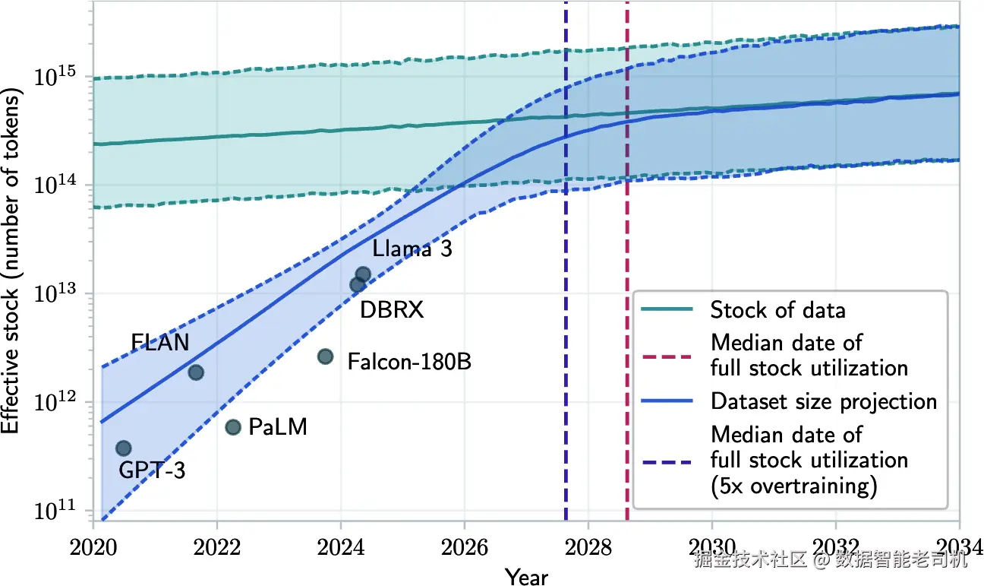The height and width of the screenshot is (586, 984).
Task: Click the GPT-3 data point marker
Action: [x=124, y=448]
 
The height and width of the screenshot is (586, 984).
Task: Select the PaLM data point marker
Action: [x=233, y=427]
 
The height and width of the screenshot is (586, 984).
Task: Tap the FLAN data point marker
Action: [x=196, y=372]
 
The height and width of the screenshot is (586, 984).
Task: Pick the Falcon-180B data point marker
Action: [x=325, y=356]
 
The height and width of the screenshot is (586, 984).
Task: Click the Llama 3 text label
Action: [x=412, y=249]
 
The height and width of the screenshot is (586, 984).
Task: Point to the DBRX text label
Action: [x=392, y=309]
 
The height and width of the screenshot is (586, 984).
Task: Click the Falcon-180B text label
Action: [x=409, y=362]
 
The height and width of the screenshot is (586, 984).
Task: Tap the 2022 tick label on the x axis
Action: [x=217, y=548]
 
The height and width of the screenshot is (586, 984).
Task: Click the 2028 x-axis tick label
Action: [x=588, y=548]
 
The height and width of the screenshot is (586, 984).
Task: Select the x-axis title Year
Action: [x=526, y=576]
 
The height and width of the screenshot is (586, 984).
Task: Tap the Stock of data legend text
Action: [x=778, y=310]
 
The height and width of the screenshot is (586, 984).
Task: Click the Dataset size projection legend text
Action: [x=824, y=401]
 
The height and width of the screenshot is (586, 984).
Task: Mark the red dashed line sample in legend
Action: [x=667, y=356]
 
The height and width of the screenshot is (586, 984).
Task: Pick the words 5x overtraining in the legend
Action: [x=794, y=486]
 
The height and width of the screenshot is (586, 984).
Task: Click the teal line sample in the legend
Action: [x=667, y=309]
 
